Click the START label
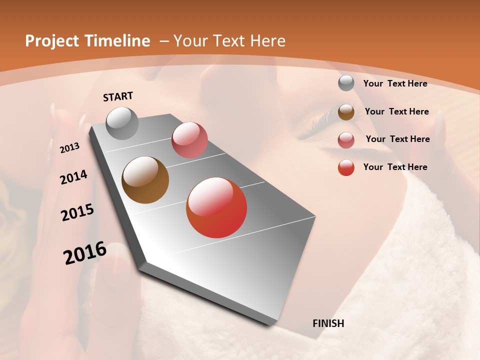coord(118,96)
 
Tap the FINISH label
coord(328,323)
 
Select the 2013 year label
coord(69,148)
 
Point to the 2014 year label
coord(73,177)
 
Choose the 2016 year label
coord(85,252)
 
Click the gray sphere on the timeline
coord(122,123)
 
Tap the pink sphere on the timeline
coord(189,140)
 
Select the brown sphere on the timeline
coord(145,180)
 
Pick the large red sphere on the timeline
coord(216,207)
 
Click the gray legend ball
coord(346,83)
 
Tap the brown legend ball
coord(346,112)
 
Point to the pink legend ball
coord(346,140)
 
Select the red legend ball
coord(346,167)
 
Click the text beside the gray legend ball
coord(395,83)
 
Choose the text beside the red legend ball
coord(395,167)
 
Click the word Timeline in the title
coord(117,41)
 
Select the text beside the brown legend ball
coord(396,111)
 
